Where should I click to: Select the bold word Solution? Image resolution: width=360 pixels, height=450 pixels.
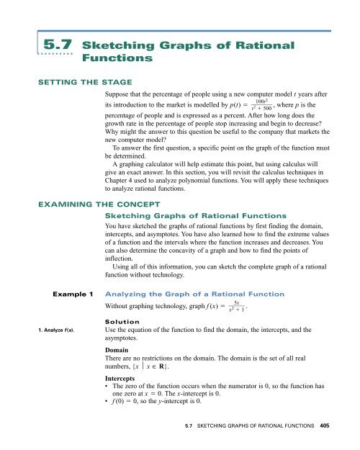127,303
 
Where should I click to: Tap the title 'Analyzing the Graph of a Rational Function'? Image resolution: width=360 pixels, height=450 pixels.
197,274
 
